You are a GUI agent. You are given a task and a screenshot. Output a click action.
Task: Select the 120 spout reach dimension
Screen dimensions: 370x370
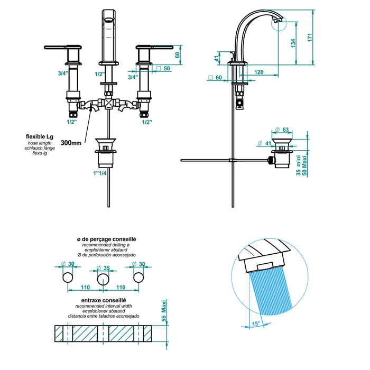click(258, 72)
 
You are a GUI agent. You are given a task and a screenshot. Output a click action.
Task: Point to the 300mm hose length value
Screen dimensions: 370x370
click(71, 143)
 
